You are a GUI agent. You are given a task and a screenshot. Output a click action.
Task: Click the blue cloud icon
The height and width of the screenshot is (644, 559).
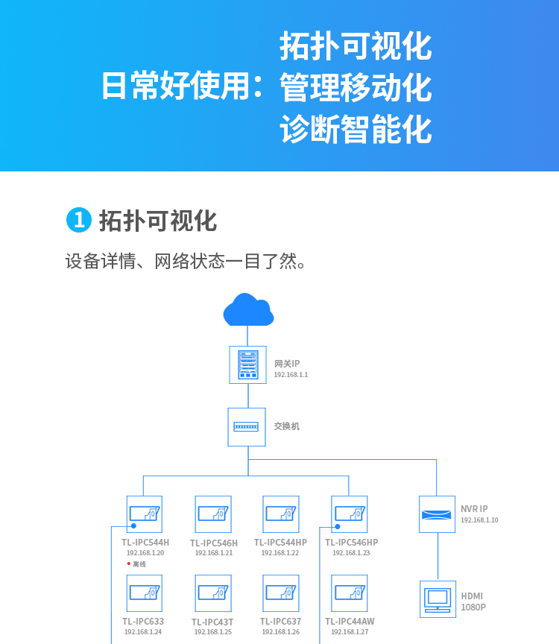(x=248, y=310)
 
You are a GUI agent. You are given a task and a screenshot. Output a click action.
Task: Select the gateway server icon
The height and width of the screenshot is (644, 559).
(x=247, y=364)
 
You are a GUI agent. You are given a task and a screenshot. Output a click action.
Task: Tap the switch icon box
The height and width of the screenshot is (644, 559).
(x=247, y=427)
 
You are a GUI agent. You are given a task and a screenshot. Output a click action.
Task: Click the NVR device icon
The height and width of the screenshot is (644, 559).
(x=437, y=514)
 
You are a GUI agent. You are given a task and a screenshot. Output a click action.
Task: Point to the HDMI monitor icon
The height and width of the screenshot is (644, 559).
(x=438, y=599)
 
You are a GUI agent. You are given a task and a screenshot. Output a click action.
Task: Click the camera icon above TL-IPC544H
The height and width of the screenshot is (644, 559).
(x=145, y=514)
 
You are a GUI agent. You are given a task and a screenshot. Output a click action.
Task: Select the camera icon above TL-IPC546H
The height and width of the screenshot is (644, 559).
(x=213, y=514)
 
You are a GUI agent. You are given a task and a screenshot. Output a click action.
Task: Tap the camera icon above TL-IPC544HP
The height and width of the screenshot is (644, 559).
(x=281, y=514)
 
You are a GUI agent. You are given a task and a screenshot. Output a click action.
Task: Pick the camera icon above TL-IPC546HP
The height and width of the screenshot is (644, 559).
(x=350, y=514)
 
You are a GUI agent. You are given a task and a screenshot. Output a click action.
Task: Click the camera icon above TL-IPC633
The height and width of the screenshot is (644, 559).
(x=145, y=593)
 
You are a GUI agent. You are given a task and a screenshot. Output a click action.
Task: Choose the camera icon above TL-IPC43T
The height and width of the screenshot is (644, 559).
(x=213, y=593)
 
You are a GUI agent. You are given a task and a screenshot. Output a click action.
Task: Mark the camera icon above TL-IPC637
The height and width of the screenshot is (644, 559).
(x=281, y=593)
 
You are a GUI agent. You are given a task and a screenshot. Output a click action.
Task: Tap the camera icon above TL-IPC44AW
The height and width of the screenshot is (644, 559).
(x=350, y=593)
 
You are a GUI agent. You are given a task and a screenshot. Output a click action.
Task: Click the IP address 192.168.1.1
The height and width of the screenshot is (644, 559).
(x=291, y=375)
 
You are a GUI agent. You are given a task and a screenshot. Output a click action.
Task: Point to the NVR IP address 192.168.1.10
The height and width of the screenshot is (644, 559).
(x=479, y=520)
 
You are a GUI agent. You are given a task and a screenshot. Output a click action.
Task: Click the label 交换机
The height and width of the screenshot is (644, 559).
(x=286, y=426)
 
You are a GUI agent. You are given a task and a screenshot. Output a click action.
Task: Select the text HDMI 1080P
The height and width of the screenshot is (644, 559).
(x=473, y=602)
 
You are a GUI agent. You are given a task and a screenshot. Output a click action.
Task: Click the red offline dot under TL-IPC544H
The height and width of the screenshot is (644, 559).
(x=129, y=563)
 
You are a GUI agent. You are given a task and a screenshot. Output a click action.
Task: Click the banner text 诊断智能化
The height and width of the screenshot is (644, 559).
(x=356, y=130)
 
